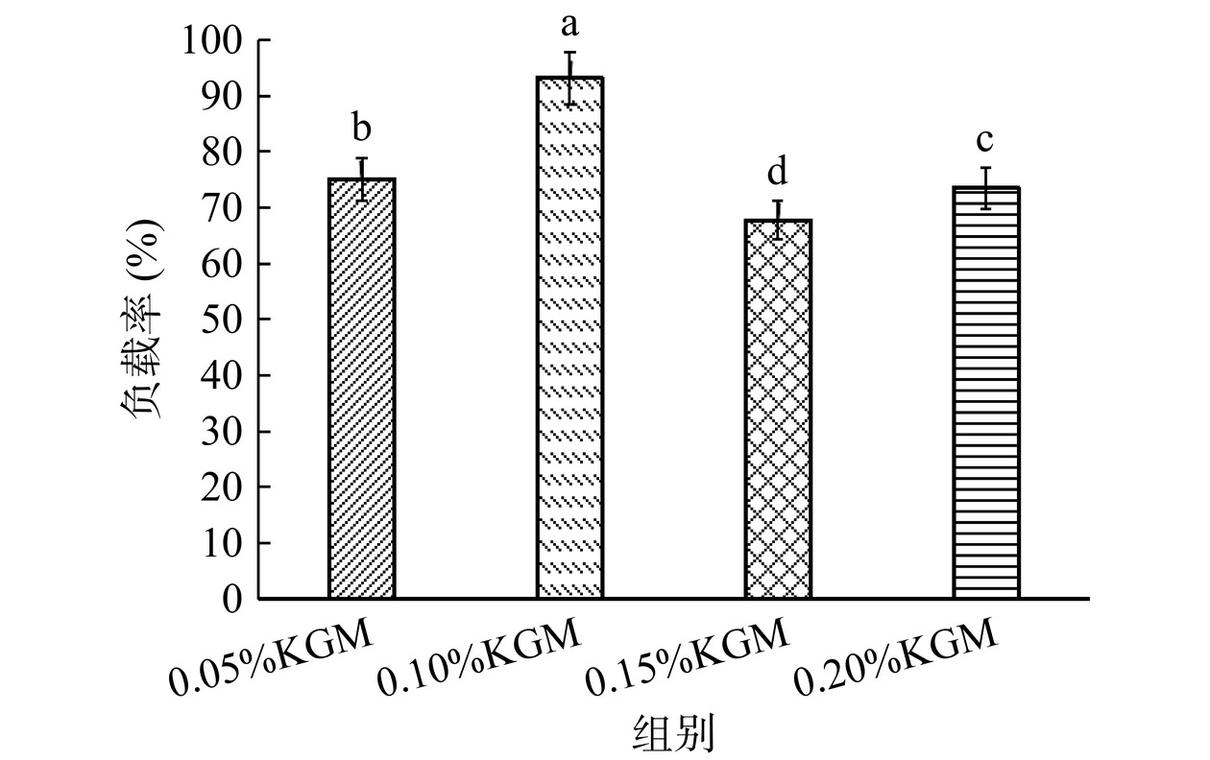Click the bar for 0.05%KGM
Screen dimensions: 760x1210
click(x=362, y=389)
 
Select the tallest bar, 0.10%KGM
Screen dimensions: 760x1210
click(x=569, y=338)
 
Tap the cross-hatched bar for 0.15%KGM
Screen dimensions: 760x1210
click(x=778, y=409)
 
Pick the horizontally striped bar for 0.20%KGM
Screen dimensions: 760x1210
click(x=985, y=392)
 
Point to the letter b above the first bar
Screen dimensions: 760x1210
click(x=362, y=127)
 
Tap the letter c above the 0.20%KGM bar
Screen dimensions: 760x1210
click(x=985, y=139)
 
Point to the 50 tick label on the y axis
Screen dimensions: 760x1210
click(x=224, y=320)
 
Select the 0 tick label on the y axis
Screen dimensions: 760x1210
click(x=232, y=599)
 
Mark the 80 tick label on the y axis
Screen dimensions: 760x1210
click(x=224, y=153)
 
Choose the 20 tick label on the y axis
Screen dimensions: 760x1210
click(x=224, y=487)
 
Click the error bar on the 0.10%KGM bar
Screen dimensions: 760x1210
click(x=569, y=78)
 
